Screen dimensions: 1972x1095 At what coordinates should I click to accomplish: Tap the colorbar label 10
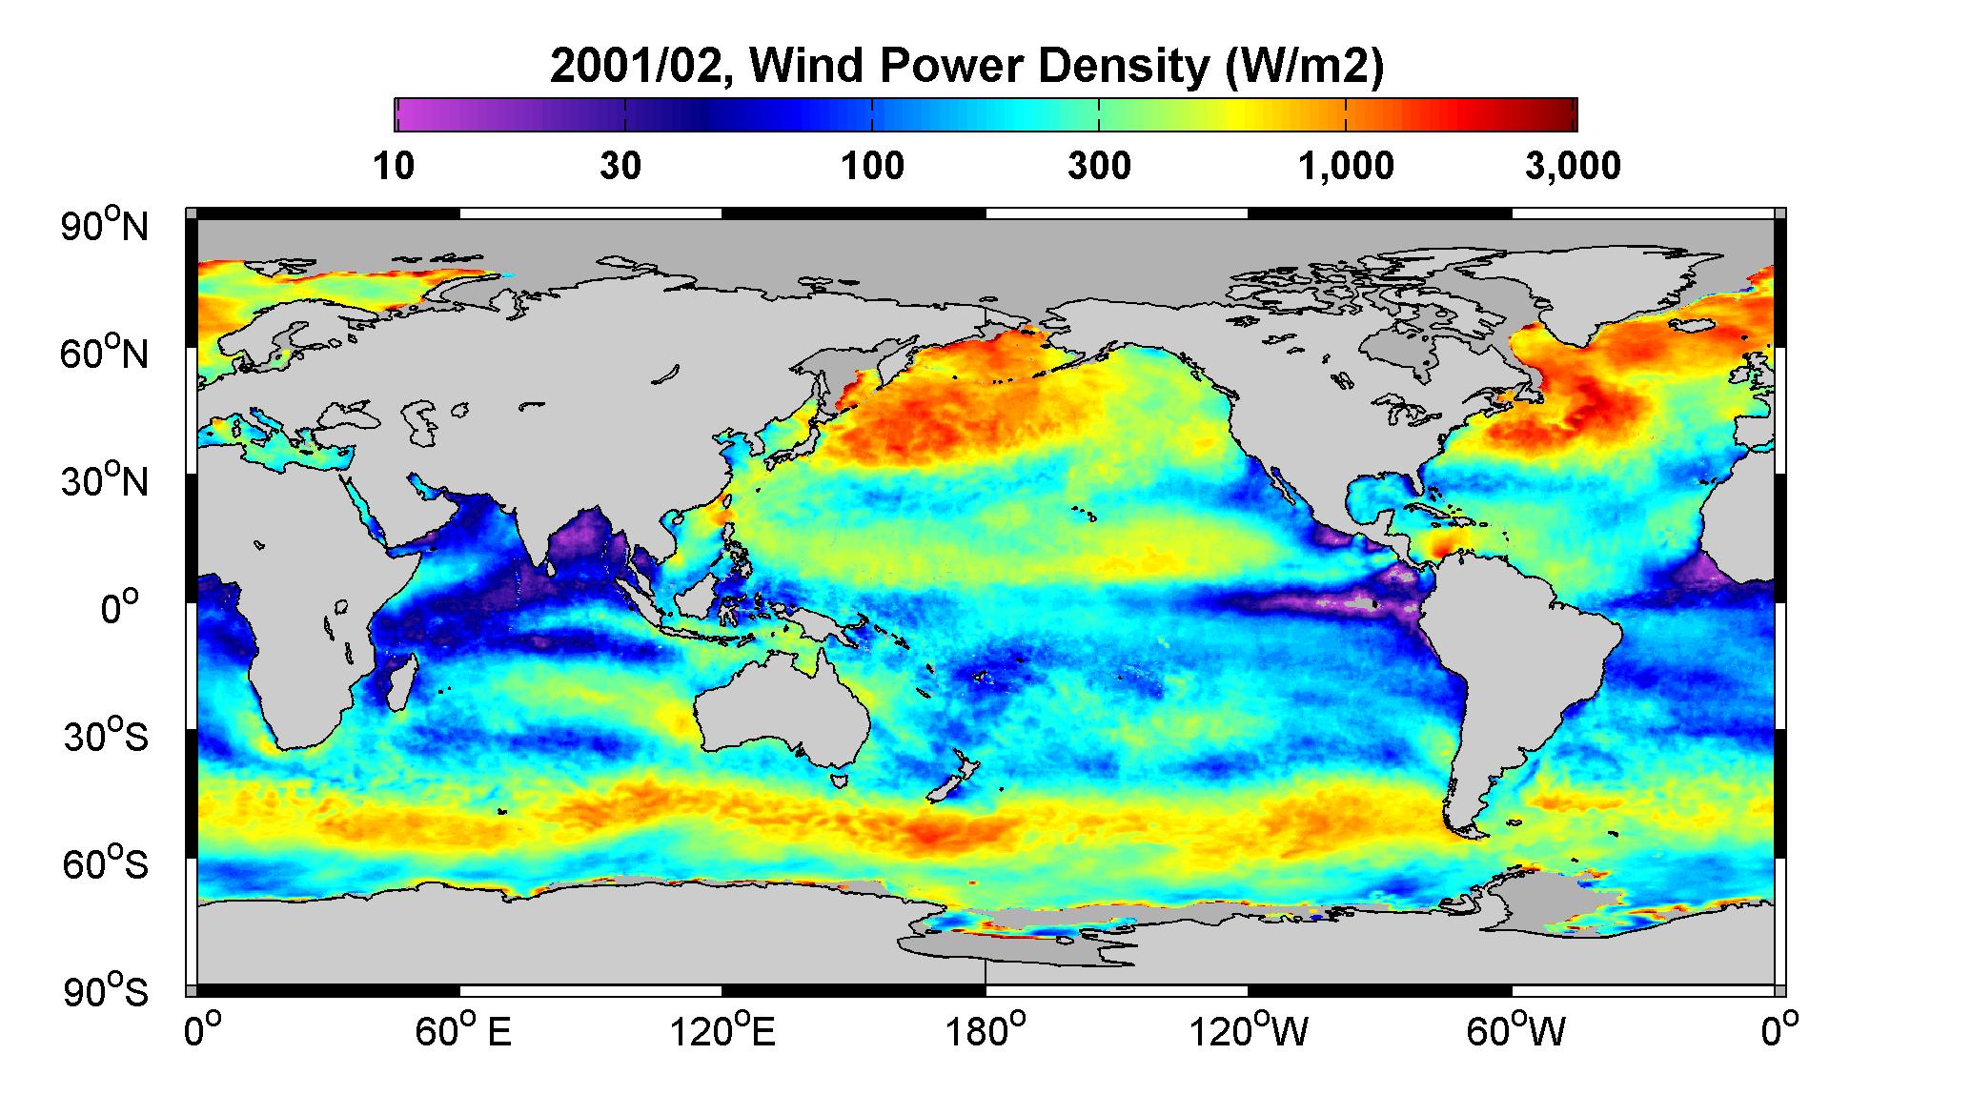click(394, 166)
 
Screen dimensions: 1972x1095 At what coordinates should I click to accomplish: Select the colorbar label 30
click(620, 166)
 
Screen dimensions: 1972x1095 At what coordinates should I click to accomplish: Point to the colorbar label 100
click(872, 166)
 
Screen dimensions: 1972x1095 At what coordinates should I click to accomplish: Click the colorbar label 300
click(1099, 166)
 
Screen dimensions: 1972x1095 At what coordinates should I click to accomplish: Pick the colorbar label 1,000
click(1346, 166)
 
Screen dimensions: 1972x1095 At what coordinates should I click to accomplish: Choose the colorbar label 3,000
click(1573, 166)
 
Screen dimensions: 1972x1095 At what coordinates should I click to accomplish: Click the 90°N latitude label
click(106, 225)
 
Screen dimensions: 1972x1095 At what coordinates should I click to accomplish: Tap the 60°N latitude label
click(106, 353)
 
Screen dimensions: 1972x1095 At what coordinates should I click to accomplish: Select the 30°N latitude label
click(106, 480)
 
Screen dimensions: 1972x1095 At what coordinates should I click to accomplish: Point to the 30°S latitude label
click(106, 736)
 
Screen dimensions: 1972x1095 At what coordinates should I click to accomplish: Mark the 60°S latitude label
click(106, 863)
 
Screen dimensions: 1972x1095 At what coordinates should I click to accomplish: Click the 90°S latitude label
click(106, 991)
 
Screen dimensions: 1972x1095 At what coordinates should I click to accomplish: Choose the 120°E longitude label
click(722, 1031)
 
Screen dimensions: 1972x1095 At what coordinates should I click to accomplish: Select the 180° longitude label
click(985, 1031)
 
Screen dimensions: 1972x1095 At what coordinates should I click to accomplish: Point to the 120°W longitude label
click(1250, 1031)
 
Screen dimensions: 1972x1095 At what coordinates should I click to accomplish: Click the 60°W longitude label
click(1515, 1031)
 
